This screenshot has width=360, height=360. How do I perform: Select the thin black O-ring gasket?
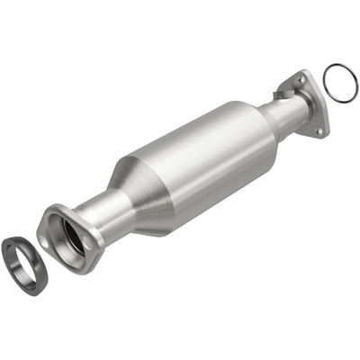point(339,83)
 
